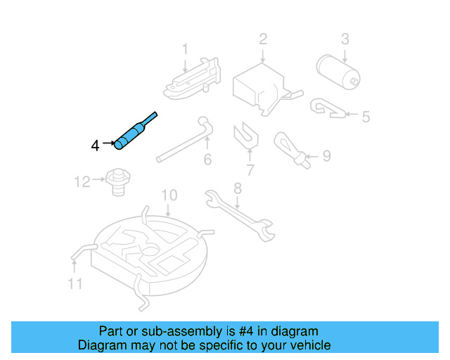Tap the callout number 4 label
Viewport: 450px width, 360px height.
tap(95, 146)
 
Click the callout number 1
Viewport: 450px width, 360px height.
tap(186, 49)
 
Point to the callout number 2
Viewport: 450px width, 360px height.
tap(262, 38)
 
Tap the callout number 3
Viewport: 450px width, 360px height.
tap(345, 38)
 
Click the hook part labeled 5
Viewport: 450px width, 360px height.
tap(327, 108)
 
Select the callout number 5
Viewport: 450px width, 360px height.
tap(365, 117)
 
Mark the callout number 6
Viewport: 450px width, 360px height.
tap(207, 160)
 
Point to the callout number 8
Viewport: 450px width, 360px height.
tap(238, 188)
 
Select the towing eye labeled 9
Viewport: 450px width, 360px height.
tap(290, 148)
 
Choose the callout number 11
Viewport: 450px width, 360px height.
tap(75, 283)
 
